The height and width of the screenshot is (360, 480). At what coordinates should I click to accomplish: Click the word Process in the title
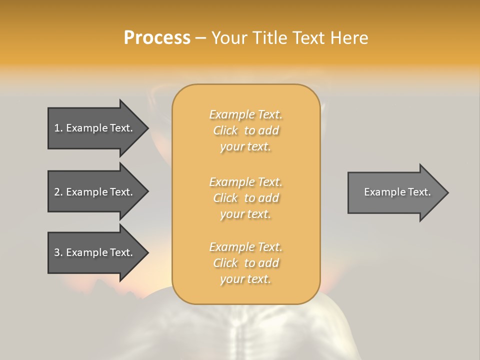pos(157,38)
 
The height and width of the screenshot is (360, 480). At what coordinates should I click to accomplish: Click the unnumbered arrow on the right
pos(395,192)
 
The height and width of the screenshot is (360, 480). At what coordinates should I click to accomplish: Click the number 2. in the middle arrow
pos(58,192)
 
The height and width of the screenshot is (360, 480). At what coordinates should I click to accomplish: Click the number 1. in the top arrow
pos(58,128)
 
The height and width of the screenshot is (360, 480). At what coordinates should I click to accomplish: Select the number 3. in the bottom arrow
pos(58,252)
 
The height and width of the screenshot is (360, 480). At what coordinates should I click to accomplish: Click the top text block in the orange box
pos(245,130)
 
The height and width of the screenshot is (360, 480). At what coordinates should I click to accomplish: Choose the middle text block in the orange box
pos(245,198)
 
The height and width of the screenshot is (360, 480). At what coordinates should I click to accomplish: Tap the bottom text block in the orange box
pos(245,263)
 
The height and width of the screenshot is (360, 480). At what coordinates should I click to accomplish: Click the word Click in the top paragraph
pos(225,130)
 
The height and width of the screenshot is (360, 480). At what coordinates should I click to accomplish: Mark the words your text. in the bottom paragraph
pos(245,279)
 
